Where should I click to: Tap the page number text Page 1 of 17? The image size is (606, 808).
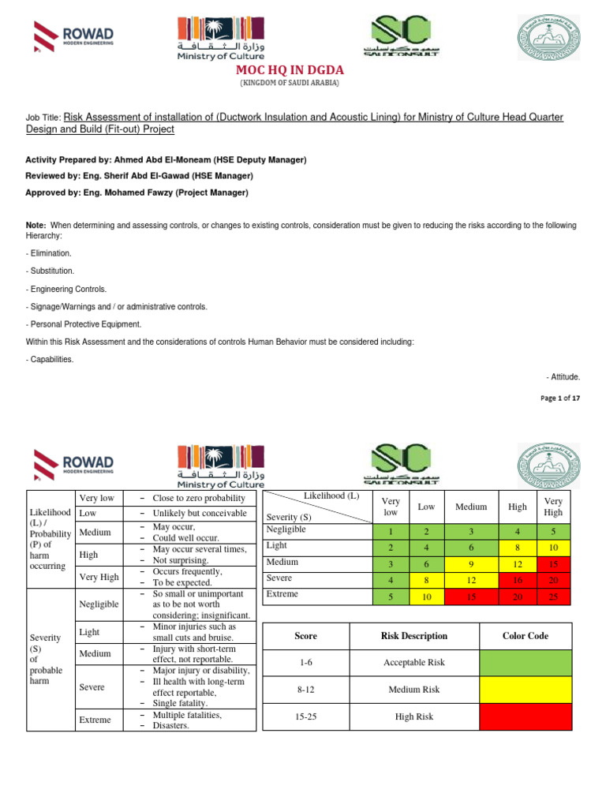point(560,398)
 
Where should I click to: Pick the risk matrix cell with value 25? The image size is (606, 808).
point(553,597)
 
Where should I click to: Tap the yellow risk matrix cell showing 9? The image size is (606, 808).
point(470,563)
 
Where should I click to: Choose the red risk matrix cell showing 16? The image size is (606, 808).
point(518,580)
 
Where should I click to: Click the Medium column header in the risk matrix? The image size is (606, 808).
point(470,507)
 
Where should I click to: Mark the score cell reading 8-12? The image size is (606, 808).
point(305,689)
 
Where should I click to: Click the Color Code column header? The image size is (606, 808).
point(525,635)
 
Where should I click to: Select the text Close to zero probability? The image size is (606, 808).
point(199,498)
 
